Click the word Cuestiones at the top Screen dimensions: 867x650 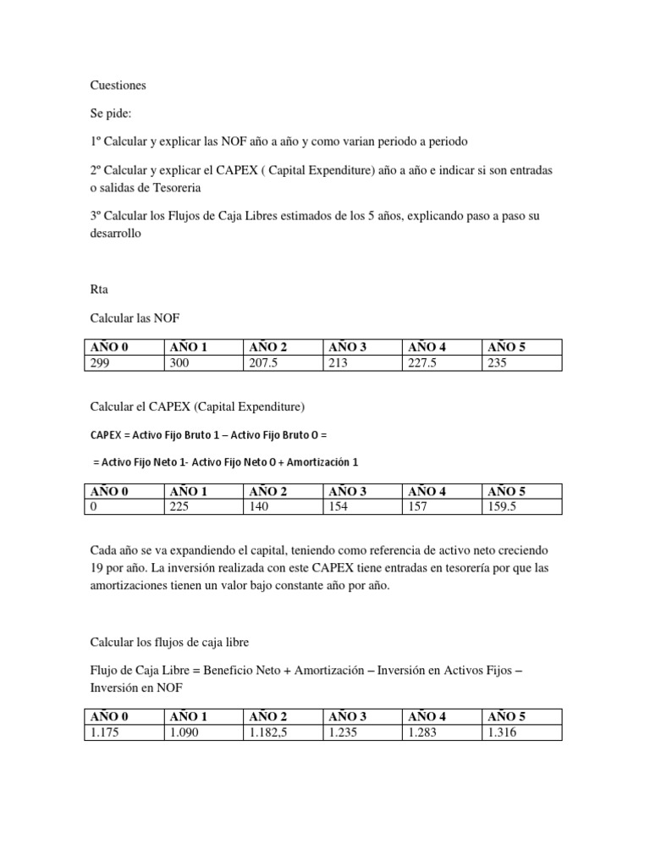coord(118,86)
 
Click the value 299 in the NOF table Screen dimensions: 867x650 coord(100,363)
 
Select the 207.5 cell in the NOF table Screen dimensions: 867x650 coord(263,363)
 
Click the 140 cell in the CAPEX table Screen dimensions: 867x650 coord(259,507)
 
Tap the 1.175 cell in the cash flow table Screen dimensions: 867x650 coord(103,732)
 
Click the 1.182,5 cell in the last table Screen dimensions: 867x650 coord(269,732)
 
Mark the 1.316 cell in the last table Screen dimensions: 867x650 coord(503,732)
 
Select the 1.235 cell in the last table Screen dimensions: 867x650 coord(343,732)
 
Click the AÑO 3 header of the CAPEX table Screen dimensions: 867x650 coord(348,491)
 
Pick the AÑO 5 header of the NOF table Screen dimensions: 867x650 coord(507,347)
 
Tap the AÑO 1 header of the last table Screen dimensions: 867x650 coord(189,716)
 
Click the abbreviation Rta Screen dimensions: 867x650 coord(100,289)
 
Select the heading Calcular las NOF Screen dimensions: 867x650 coord(135,318)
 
